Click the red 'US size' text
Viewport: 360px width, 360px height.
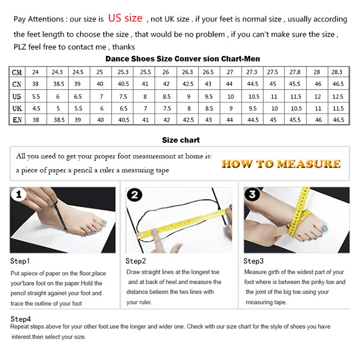(x=125, y=18)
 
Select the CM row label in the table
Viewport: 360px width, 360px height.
(x=17, y=72)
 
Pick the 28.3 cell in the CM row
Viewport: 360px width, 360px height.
(x=337, y=72)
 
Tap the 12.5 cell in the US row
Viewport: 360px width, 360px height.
(x=337, y=96)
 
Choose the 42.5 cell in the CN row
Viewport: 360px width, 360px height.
(x=187, y=84)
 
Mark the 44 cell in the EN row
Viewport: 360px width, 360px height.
(x=229, y=120)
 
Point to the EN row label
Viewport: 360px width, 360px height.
(x=17, y=120)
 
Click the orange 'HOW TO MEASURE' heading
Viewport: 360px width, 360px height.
(x=281, y=164)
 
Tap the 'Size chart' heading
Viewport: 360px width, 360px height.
(x=181, y=140)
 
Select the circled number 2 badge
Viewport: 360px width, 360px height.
(x=134, y=195)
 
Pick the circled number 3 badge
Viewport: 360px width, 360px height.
(x=252, y=195)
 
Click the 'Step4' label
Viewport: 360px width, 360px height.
(x=21, y=319)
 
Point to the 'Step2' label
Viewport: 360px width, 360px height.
(x=136, y=261)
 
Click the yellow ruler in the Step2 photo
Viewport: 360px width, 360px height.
(x=184, y=223)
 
